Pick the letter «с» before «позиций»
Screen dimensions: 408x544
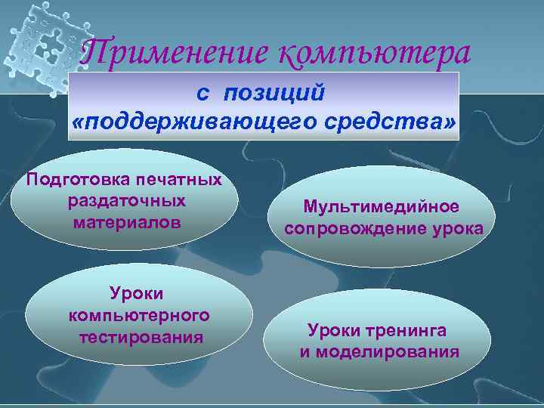(x=202, y=93)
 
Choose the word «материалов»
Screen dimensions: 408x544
(x=127, y=223)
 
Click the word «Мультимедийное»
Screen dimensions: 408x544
(x=381, y=206)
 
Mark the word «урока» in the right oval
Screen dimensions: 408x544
(x=459, y=228)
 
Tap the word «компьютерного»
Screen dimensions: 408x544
(x=139, y=314)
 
